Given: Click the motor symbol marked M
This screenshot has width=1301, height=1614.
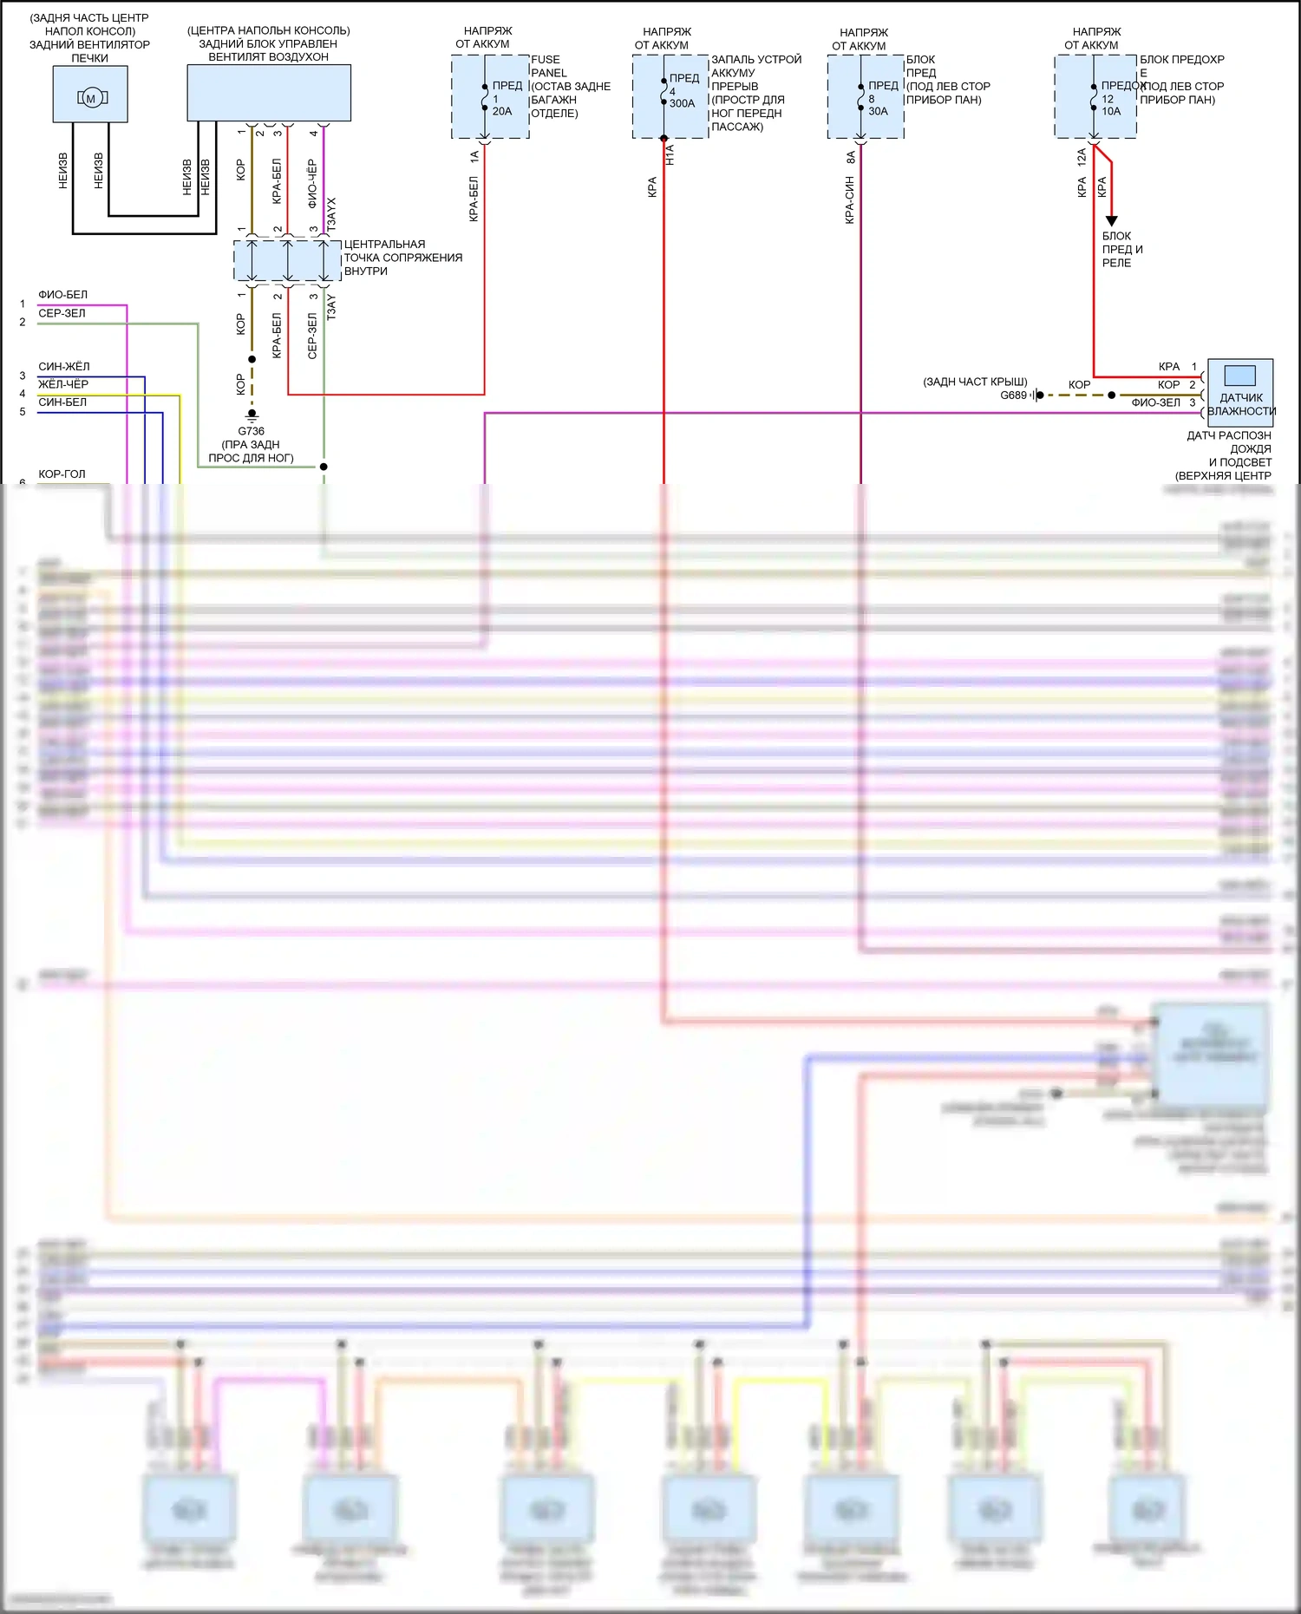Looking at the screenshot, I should [90, 98].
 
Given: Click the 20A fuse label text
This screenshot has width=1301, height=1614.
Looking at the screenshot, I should [502, 111].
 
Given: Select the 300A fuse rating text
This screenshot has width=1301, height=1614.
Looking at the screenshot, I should [682, 103].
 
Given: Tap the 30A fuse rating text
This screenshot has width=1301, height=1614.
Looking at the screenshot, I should [878, 111].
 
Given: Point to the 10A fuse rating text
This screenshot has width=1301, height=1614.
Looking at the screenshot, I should [1111, 111].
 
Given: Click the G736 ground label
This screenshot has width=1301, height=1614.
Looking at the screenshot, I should [251, 431].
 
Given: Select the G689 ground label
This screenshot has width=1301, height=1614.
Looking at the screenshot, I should [1013, 395].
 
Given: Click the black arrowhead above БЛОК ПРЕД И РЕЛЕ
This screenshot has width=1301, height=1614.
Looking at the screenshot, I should [1111, 221].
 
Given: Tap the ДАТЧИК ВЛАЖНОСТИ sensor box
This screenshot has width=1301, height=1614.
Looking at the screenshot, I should [1240, 392].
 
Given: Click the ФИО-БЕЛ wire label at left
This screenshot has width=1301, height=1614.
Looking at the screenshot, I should [62, 295].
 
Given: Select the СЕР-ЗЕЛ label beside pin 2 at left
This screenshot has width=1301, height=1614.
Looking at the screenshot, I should [62, 313].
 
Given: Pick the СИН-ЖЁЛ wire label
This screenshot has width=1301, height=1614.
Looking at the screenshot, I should [63, 367].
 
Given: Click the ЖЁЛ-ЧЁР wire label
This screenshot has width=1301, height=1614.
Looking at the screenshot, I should [62, 384].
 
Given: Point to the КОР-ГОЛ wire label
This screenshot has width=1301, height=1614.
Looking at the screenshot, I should [62, 474].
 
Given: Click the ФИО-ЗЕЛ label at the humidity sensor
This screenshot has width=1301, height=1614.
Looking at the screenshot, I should [1155, 402].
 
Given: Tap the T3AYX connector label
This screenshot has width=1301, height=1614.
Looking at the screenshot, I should [331, 213].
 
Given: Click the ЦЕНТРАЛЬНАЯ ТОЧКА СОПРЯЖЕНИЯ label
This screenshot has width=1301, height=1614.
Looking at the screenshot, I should [402, 258].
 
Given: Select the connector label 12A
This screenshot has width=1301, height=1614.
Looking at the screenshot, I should [1082, 157].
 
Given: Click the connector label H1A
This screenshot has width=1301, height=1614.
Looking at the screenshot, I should [670, 155].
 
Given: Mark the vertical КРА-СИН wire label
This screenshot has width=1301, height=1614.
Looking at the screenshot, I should [849, 200].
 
